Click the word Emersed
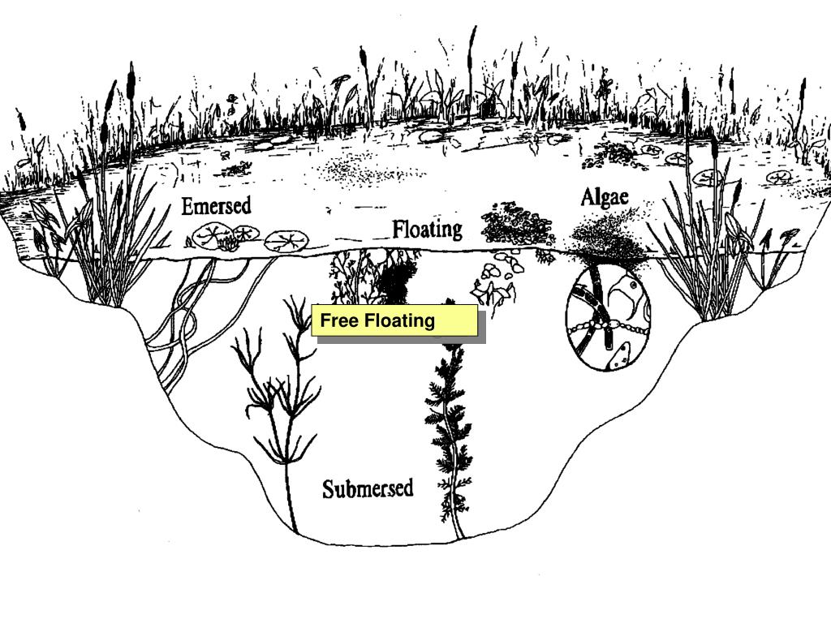pos(216,206)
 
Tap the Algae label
pos(605,198)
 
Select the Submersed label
pos(368,488)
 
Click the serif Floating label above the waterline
pos(427,230)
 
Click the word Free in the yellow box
pos(339,320)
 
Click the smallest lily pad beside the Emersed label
pos(246,232)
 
